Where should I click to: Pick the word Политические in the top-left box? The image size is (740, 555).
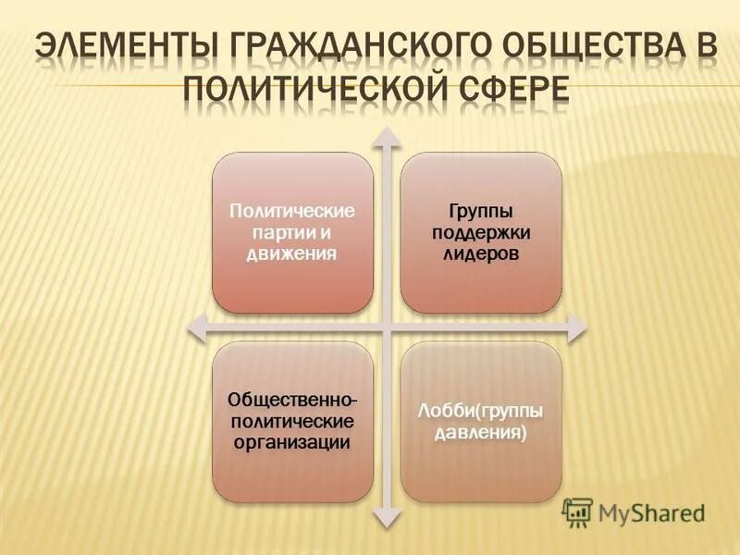292,212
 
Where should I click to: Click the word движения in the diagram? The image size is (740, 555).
291,253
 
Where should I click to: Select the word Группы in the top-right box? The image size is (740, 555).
480,212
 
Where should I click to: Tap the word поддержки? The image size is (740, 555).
480,232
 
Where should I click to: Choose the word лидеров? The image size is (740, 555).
480,253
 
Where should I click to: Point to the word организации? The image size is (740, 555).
292,442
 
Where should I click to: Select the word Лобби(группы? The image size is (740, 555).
480,412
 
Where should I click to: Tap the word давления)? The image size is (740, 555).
480,432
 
